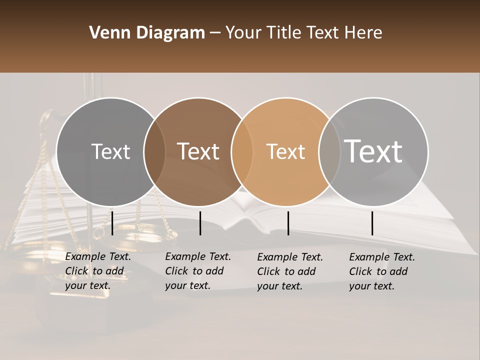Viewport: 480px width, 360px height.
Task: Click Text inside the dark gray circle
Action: (110, 151)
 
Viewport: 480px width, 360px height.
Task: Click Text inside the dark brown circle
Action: (198, 151)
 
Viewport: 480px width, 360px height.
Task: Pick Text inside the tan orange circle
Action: (285, 151)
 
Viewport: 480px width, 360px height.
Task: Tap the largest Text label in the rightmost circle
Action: (373, 151)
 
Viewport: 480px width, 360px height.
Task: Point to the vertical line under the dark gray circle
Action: (112, 223)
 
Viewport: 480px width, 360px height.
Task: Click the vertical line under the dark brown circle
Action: (200, 223)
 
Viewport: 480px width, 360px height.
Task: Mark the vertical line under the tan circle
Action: (288, 223)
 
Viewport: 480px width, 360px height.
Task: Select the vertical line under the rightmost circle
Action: (372, 223)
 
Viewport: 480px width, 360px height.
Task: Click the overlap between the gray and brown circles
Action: (154, 151)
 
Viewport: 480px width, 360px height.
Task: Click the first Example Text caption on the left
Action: (98, 271)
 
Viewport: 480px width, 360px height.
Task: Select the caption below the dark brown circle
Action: (198, 271)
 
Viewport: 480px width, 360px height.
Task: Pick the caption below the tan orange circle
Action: (290, 271)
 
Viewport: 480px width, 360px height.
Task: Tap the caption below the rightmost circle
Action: (382, 271)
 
